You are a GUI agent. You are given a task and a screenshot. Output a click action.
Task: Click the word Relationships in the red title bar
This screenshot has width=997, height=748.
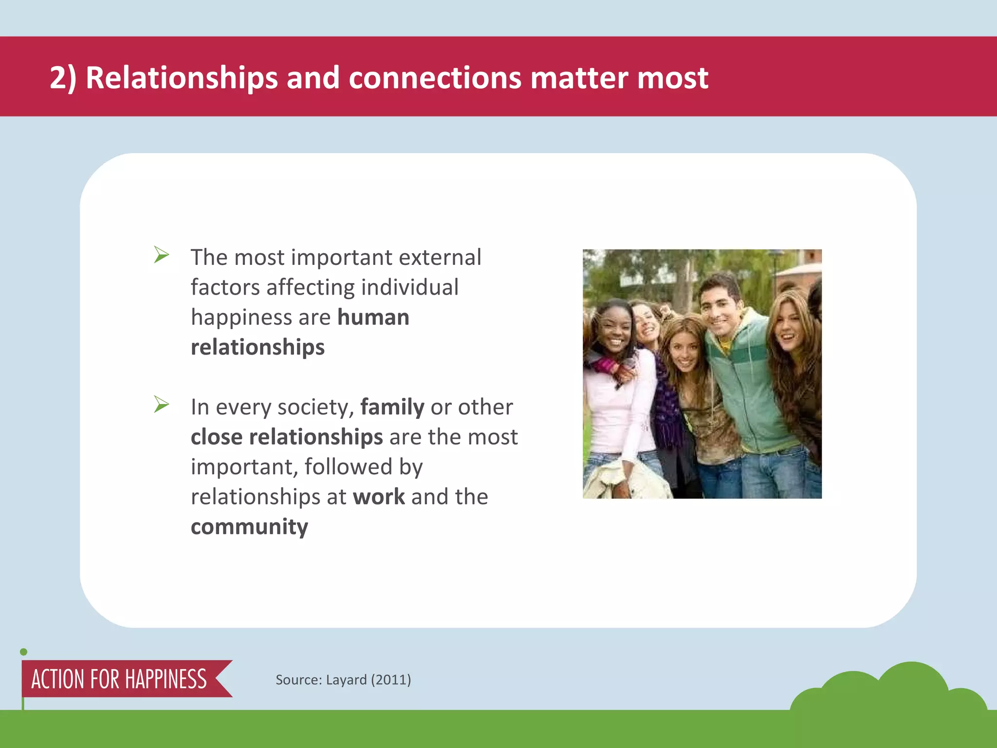pos(182,78)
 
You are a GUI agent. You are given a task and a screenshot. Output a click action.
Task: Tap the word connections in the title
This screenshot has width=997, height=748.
pos(434,78)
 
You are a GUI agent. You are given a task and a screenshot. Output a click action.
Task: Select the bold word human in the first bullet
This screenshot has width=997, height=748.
pos(373,318)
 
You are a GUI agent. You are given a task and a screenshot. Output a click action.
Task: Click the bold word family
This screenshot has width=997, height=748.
pos(392,407)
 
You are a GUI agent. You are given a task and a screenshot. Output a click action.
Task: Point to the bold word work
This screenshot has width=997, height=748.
pos(379,497)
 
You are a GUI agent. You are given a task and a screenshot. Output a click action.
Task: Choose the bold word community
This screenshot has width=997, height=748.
pos(249,527)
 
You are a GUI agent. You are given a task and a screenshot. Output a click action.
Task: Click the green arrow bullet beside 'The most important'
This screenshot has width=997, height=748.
pos(161,255)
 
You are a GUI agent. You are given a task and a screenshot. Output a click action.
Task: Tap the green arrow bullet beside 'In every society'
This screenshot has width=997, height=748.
pos(161,404)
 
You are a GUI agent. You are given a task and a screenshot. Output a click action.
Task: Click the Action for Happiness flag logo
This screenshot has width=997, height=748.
pos(119,679)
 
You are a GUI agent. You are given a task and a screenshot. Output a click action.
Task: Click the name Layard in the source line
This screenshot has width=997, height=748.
pos(346,680)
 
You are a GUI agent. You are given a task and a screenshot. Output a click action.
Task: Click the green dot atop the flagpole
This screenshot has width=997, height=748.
pos(23,652)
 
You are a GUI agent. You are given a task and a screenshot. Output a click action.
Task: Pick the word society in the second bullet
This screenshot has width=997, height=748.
pos(315,407)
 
